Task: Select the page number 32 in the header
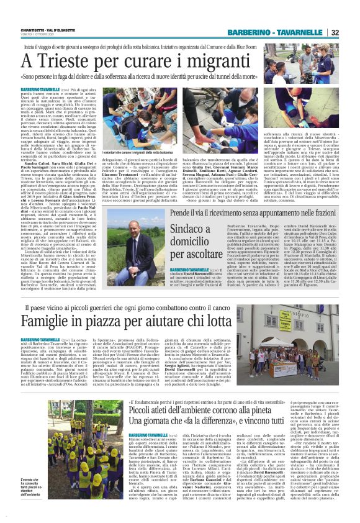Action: (x=351, y=32)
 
